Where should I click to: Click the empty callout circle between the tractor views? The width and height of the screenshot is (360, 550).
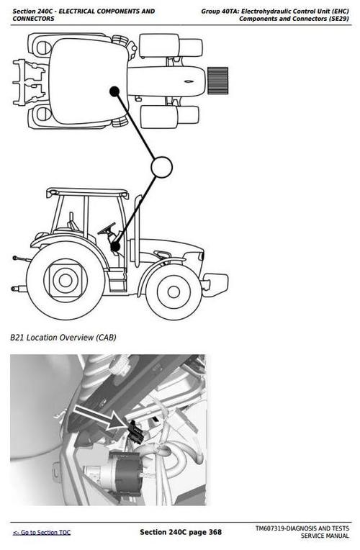tap(161, 167)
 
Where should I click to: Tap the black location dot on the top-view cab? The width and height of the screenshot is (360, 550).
tap(114, 91)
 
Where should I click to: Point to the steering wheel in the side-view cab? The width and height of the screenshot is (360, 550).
tap(107, 230)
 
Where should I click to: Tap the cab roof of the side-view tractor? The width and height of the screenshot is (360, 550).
tap(87, 193)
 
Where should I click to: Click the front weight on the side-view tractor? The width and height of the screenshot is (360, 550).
tap(215, 284)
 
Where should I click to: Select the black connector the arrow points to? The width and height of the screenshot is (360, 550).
tap(133, 431)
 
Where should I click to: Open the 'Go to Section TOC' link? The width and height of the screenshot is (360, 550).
tap(42, 532)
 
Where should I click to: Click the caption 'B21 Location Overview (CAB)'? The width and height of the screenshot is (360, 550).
tap(63, 337)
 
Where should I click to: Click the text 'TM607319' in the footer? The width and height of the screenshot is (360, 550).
tap(272, 528)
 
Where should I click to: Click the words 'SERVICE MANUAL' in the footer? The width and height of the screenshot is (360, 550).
tap(325, 536)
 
